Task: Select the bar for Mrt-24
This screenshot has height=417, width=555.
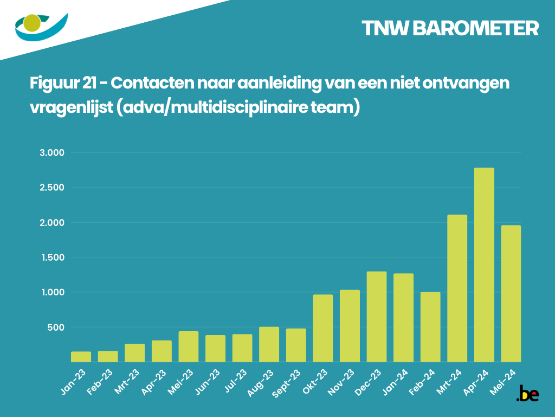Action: (457, 288)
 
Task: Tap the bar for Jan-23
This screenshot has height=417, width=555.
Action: (81, 357)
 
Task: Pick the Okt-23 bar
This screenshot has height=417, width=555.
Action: (322, 328)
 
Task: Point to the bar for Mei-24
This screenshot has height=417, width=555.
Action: (511, 294)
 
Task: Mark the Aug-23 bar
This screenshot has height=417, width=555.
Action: (269, 344)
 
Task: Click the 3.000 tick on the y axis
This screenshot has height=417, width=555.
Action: (52, 153)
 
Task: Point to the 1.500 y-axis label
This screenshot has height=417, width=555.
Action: (52, 257)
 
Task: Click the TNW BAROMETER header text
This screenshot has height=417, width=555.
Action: (450, 29)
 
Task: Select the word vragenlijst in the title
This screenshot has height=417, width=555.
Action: (70, 107)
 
